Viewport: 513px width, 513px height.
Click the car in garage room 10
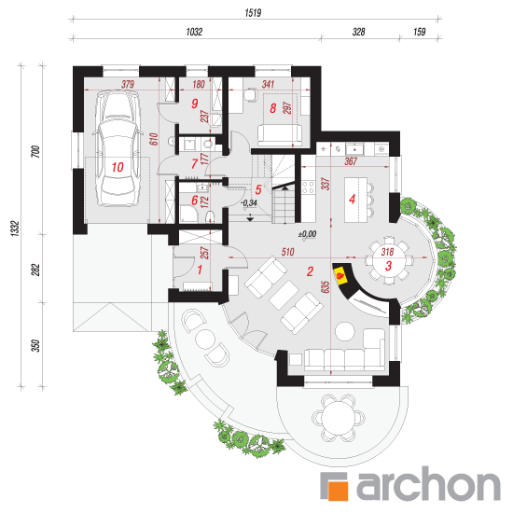[x=118, y=148]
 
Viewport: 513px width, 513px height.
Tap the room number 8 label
[x=273, y=108]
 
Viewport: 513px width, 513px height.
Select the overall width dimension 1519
[x=253, y=13]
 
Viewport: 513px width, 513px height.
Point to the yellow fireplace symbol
[x=340, y=275]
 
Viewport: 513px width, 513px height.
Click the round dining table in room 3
[x=389, y=261]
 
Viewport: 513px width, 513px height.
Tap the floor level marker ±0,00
[x=307, y=234]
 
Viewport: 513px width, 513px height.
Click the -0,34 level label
[x=249, y=202]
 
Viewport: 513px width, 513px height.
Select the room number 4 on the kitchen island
[x=352, y=199]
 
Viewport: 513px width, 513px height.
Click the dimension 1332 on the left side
[x=15, y=229]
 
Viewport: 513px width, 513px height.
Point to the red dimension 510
[x=287, y=252]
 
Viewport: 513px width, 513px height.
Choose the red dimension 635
[x=326, y=287]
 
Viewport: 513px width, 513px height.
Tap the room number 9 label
[x=195, y=104]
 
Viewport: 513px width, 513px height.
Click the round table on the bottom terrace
[x=338, y=418]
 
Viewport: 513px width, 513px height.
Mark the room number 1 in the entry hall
[x=200, y=270]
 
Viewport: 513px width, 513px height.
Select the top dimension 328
[x=358, y=32]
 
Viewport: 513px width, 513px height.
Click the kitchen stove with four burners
[x=308, y=188]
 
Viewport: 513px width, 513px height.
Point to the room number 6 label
[x=195, y=201]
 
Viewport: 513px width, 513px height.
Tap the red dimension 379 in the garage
[x=128, y=84]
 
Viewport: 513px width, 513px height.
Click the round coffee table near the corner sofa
[x=345, y=331]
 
